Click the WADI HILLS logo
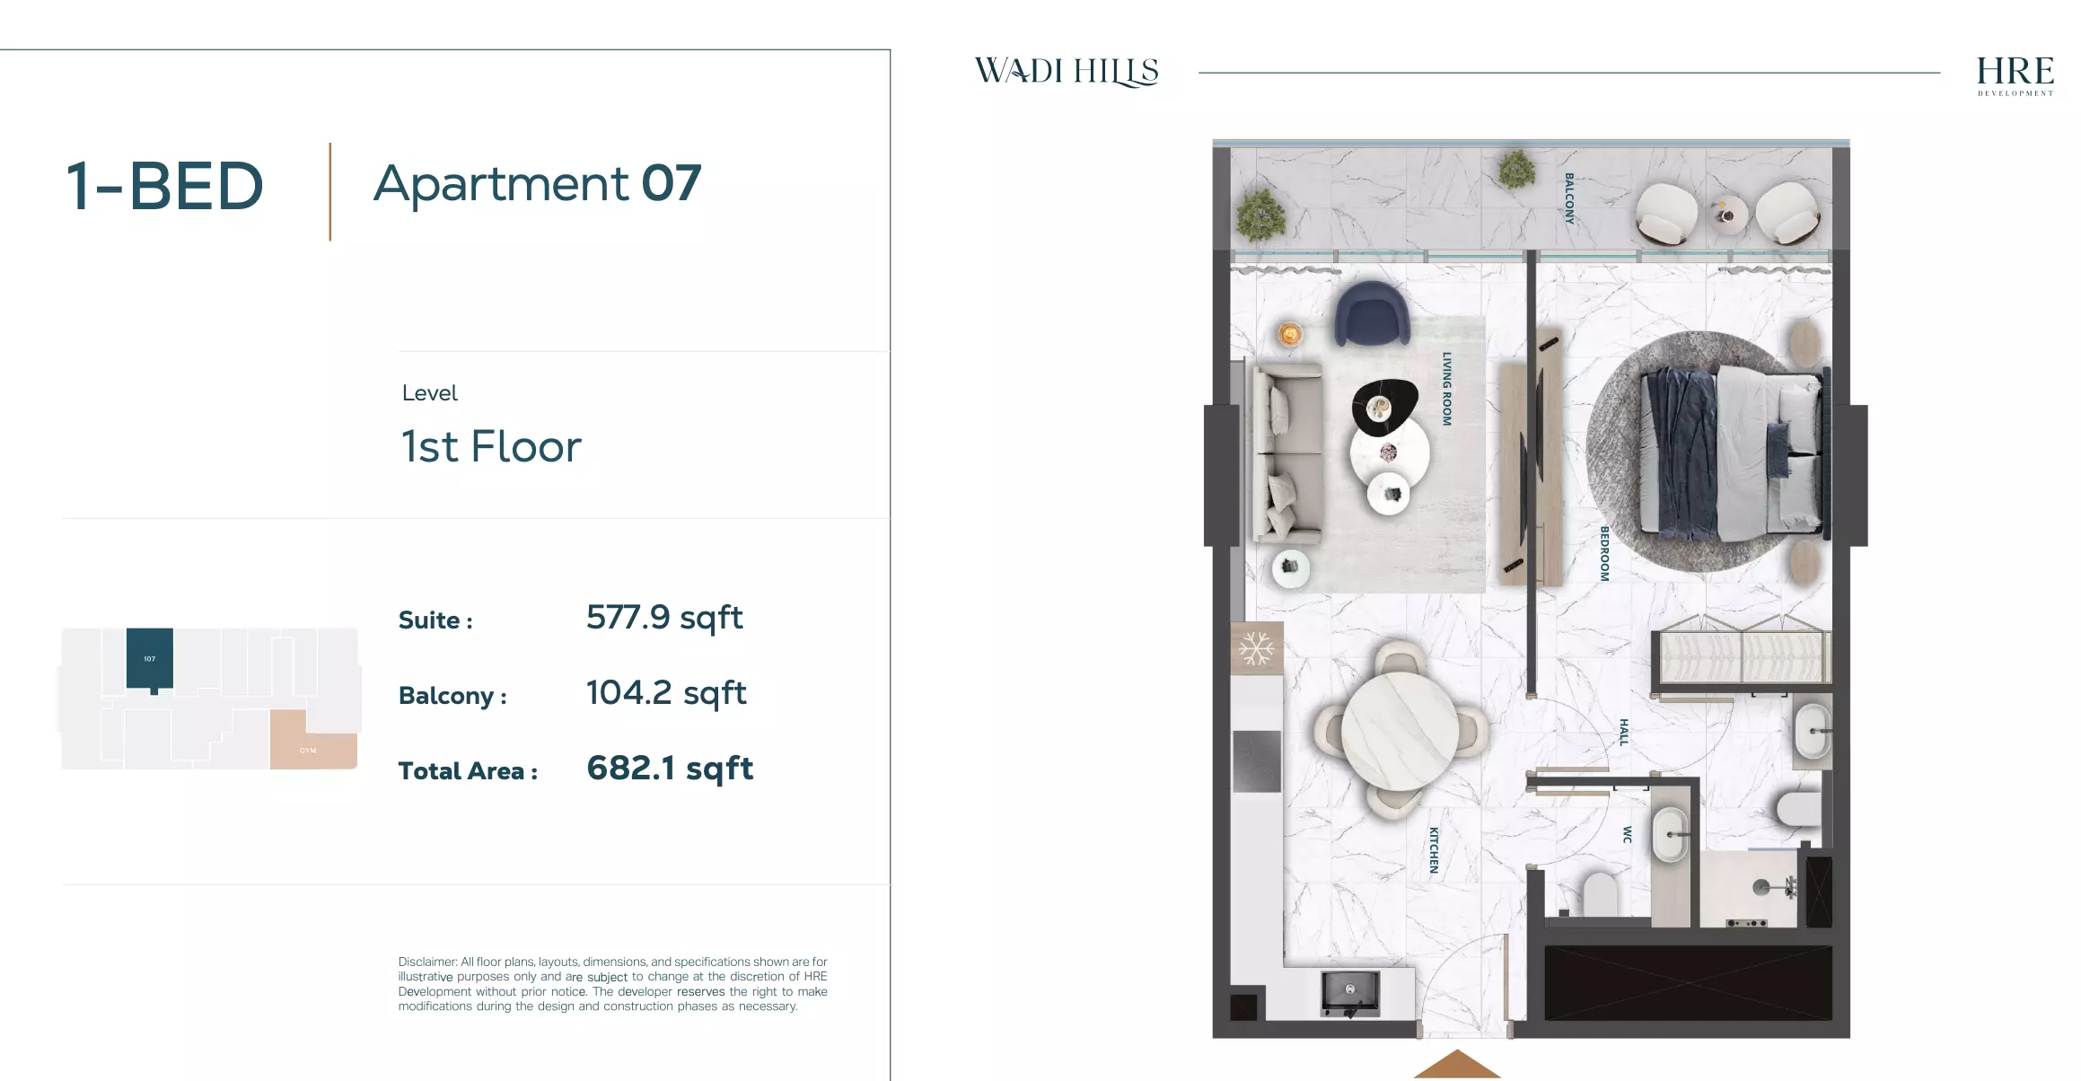[x=1067, y=71]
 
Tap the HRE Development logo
[x=2015, y=75]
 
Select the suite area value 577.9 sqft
[x=664, y=618]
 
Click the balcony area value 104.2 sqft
[x=666, y=693]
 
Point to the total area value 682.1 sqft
[x=670, y=769]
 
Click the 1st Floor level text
[x=491, y=446]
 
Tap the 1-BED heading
[x=165, y=187]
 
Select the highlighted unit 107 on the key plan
[x=149, y=658]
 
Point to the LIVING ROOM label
[x=1446, y=388]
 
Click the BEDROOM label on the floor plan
[x=1604, y=553]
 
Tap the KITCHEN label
[x=1434, y=849]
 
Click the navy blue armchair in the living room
[x=1371, y=312]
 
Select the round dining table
[x=1399, y=730]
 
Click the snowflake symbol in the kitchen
[x=1256, y=648]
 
